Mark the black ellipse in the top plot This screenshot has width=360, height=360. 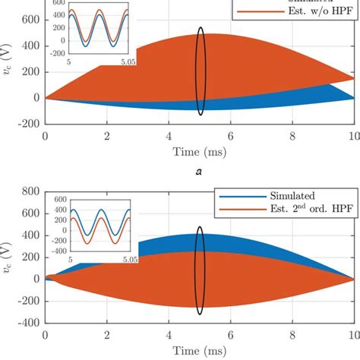click(x=201, y=71)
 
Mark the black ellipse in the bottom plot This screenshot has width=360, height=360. click(x=200, y=270)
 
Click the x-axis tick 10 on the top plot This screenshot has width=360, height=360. click(x=350, y=137)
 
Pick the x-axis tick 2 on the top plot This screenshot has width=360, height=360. click(x=107, y=137)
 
